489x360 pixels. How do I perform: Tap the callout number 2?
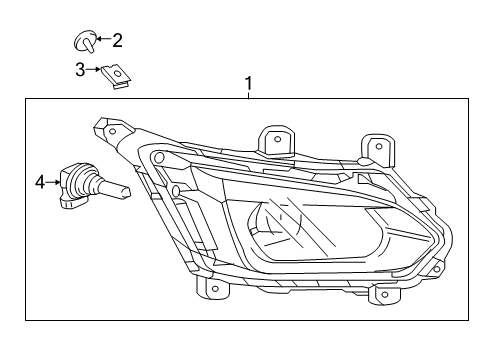[x=118, y=41]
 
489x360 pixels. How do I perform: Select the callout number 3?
[x=80, y=69]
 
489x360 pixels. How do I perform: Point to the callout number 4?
[x=41, y=182]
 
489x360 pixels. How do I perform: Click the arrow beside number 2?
[x=102, y=42]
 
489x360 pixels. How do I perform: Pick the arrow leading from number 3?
[x=95, y=69]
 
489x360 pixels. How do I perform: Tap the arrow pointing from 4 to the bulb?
[x=53, y=182]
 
